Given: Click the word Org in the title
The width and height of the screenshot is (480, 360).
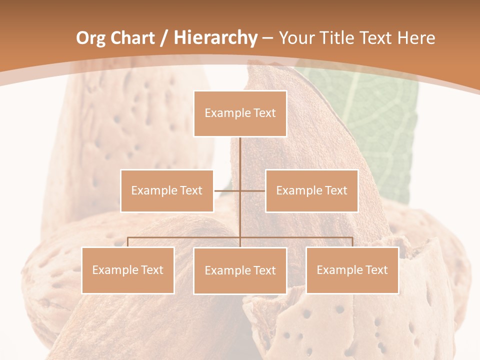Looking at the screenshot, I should coord(90,38).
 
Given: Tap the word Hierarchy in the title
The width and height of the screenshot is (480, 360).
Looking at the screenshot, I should coord(215,38).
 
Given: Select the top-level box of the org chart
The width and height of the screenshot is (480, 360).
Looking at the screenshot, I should coord(240,113).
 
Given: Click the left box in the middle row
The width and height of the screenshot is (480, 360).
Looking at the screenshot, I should coord(167,190).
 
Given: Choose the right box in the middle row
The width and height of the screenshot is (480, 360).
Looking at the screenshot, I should coord(311,190).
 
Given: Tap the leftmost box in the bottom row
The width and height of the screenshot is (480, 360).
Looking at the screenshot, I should coord(127,270).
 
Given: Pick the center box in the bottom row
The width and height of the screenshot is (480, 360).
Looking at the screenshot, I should coord(240,270).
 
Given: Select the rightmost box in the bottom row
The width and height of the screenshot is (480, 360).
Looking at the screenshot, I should coord(352,270).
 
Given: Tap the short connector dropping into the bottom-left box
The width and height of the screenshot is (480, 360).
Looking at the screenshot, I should coord(128,242).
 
